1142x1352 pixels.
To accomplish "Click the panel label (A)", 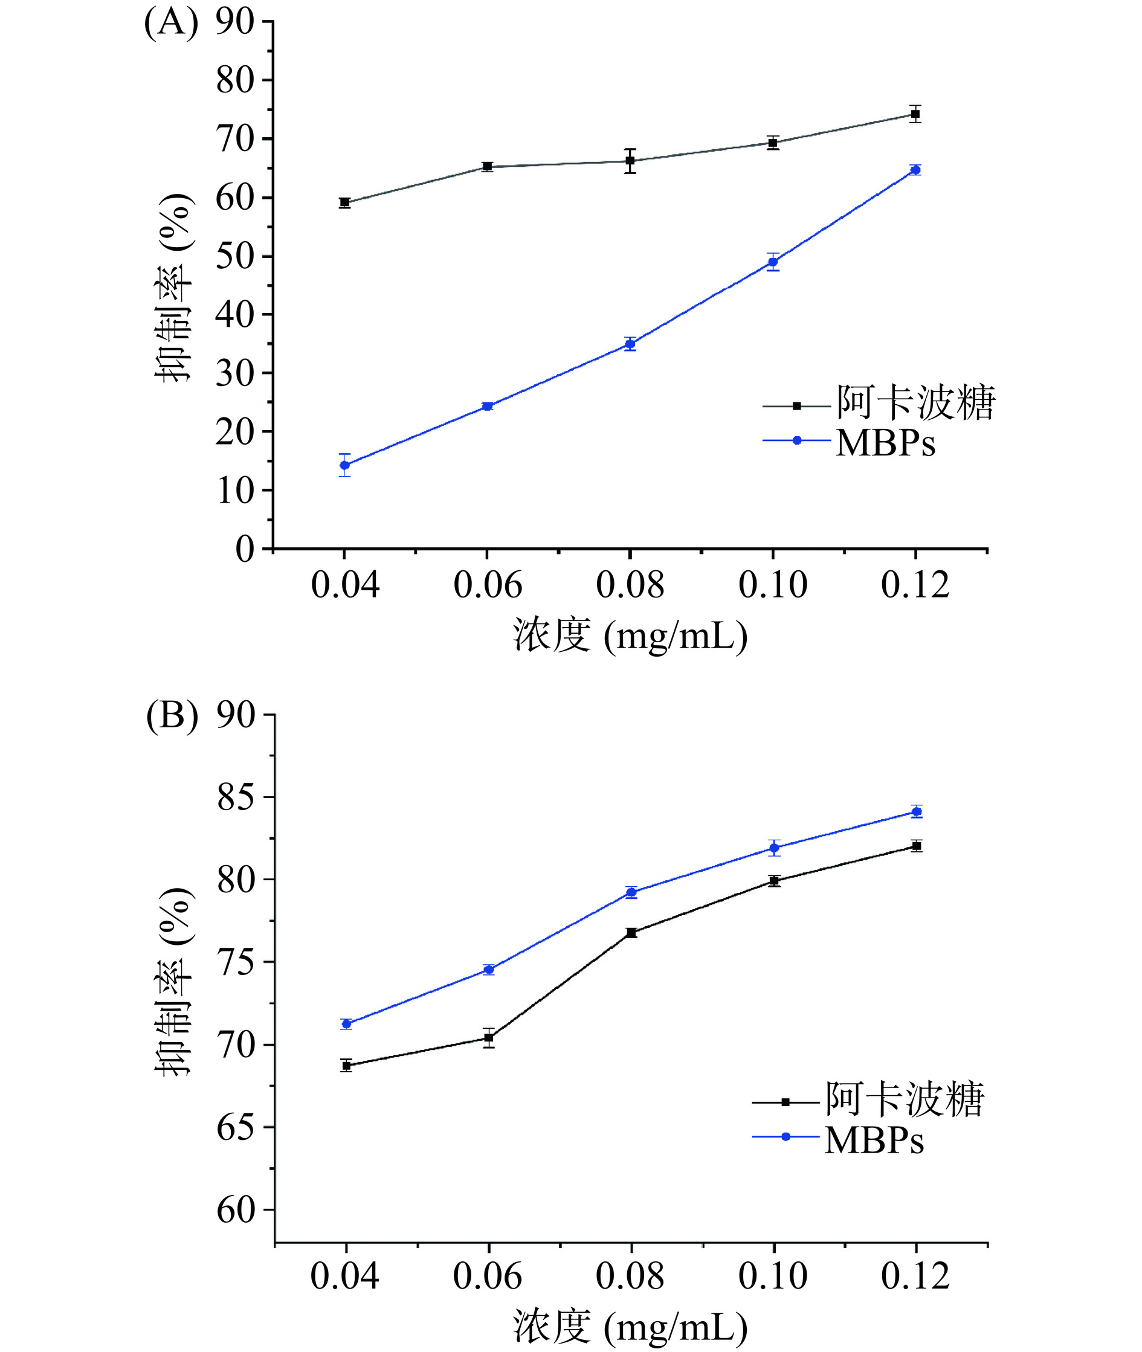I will [171, 24].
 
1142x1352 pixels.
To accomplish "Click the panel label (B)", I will [172, 717].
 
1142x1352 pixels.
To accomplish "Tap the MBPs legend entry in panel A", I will [885, 443].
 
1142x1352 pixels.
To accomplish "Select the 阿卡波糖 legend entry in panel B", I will [904, 1099].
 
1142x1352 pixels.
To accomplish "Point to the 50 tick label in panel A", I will [234, 256].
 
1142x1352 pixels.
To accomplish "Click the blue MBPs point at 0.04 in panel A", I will [344, 465].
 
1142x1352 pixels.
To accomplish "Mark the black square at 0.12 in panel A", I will [915, 114].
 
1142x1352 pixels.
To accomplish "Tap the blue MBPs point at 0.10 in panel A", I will [772, 262].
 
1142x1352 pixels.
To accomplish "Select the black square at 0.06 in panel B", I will [489, 1038].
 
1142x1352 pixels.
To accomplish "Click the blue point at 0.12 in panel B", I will [916, 811].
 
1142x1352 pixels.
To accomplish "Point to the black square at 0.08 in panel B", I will [631, 933].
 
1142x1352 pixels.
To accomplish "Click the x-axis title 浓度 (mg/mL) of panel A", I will [630, 636].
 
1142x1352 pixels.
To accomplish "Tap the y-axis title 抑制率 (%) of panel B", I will [173, 980].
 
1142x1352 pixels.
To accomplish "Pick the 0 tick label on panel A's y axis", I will [245, 550].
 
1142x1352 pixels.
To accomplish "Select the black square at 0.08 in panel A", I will [630, 161].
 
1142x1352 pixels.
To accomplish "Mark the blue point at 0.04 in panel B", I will [346, 1024].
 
